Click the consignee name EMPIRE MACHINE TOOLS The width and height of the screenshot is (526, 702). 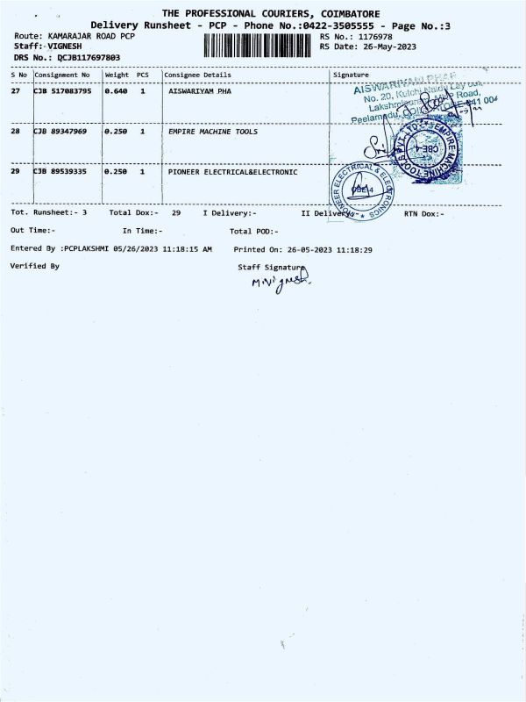click(213, 131)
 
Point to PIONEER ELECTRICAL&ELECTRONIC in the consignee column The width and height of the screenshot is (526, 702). click(232, 172)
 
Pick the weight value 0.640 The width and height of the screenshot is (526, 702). click(116, 90)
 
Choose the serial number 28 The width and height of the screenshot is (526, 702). click(15, 131)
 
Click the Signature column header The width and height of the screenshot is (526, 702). click(351, 75)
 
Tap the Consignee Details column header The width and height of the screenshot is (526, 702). click(197, 75)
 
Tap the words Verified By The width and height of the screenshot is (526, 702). click(35, 265)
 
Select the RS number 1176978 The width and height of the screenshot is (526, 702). click(373, 36)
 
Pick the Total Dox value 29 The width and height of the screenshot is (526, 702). click(176, 213)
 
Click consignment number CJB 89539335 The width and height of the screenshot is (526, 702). click(60, 172)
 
